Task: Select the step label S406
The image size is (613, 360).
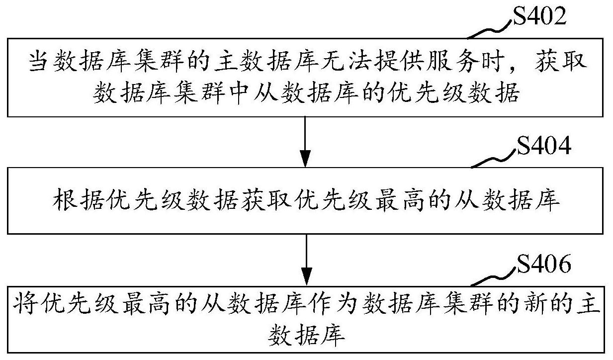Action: [x=543, y=265]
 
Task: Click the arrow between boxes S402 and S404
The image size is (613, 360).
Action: [x=306, y=142]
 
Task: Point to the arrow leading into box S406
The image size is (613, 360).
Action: [x=306, y=259]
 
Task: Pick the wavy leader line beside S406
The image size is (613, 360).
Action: [x=494, y=277]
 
